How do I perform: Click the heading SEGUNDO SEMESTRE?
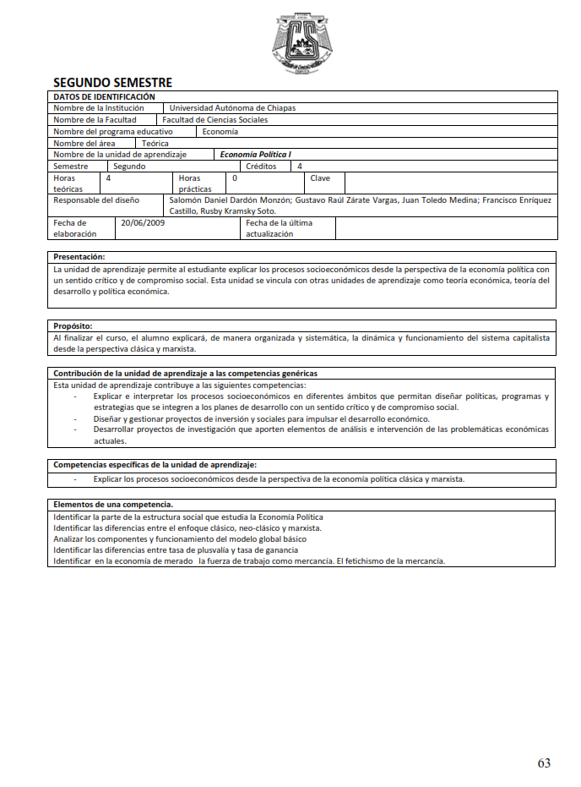[112, 83]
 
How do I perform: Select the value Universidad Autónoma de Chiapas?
[232, 108]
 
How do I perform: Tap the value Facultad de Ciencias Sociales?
[214, 120]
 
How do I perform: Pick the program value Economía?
[220, 132]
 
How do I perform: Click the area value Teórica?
[155, 144]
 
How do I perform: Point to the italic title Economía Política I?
[255, 156]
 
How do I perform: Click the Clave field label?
[320, 178]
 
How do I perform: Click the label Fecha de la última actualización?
[278, 228]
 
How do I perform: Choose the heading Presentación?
[79, 256]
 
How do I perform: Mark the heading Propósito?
[73, 325]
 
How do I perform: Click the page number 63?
[544, 762]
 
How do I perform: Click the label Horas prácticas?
[195, 183]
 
